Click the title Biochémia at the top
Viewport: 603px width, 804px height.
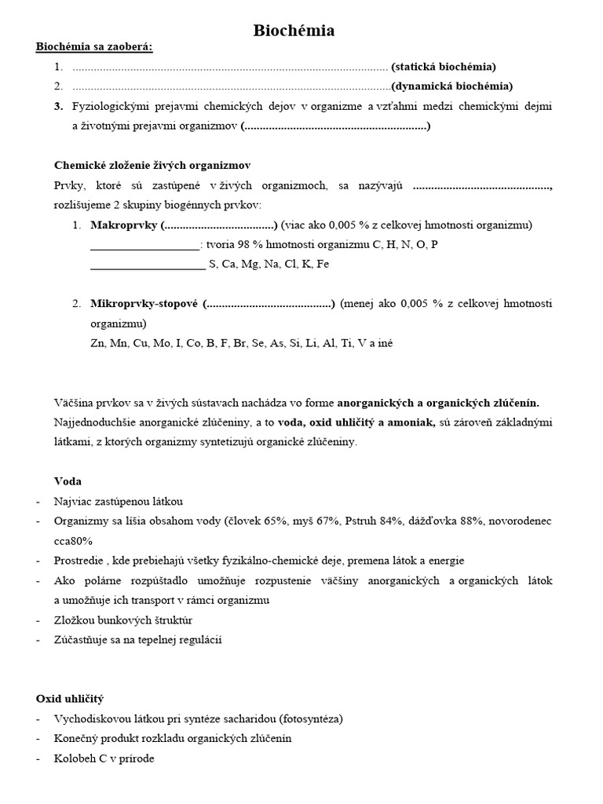[x=294, y=31]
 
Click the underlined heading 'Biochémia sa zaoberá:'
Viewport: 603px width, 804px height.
[x=94, y=47]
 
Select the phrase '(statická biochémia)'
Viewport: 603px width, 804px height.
[x=444, y=67]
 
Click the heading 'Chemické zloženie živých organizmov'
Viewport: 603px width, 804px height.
[x=152, y=166]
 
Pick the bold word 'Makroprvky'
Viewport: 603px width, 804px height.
[x=123, y=225]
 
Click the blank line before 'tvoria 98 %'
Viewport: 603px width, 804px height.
[x=145, y=245]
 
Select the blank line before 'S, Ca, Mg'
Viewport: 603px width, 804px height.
[x=148, y=265]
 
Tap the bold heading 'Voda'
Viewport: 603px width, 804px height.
[x=68, y=481]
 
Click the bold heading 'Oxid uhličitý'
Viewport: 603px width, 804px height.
[x=70, y=698]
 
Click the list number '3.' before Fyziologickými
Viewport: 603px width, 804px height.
[x=58, y=106]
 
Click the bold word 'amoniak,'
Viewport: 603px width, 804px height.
[x=404, y=422]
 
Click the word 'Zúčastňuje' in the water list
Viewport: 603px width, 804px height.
[x=82, y=640]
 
